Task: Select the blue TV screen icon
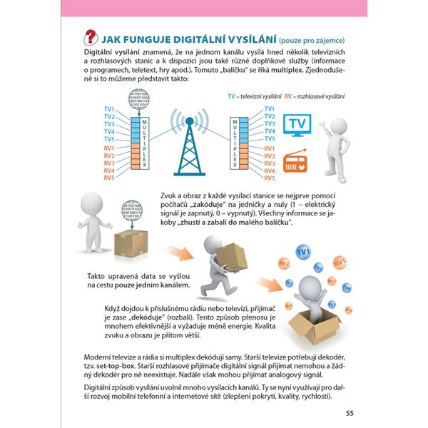298,125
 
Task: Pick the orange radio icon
297,162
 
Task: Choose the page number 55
349,412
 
